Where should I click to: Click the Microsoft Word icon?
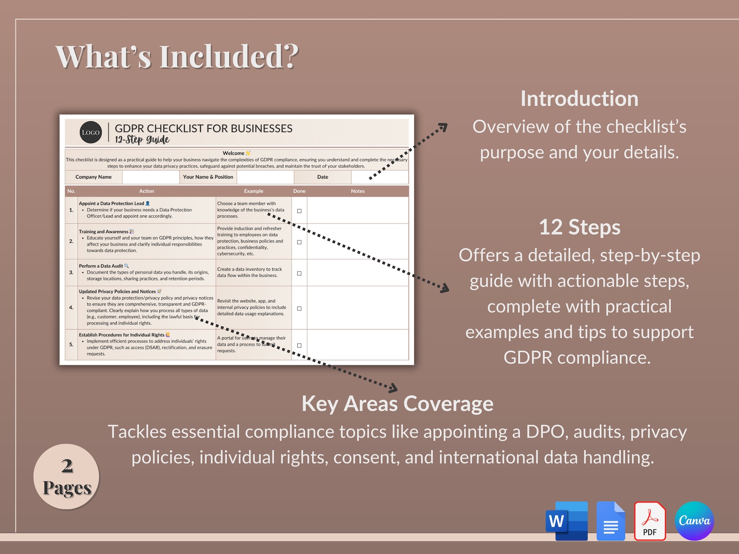tap(566, 521)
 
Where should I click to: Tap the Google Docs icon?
tap(611, 521)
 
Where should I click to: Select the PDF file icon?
tap(650, 521)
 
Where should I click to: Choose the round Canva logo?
tap(694, 521)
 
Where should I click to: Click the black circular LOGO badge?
tap(91, 133)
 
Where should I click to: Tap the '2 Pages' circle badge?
tap(67, 476)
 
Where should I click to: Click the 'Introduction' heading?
tap(579, 99)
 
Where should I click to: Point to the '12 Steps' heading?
tap(579, 227)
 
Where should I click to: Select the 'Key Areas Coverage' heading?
tap(397, 404)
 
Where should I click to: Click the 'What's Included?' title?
tap(177, 57)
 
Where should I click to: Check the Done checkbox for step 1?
tap(299, 211)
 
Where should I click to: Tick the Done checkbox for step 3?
tap(299, 274)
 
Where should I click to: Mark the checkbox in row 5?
tap(299, 346)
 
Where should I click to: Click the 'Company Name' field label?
tap(94, 177)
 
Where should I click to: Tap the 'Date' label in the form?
tap(322, 177)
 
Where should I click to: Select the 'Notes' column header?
tap(357, 191)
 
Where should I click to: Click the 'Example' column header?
tap(254, 191)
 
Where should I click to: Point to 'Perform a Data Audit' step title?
tap(101, 266)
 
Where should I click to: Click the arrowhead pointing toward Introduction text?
tap(443, 126)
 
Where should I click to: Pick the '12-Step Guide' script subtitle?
tap(142, 140)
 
